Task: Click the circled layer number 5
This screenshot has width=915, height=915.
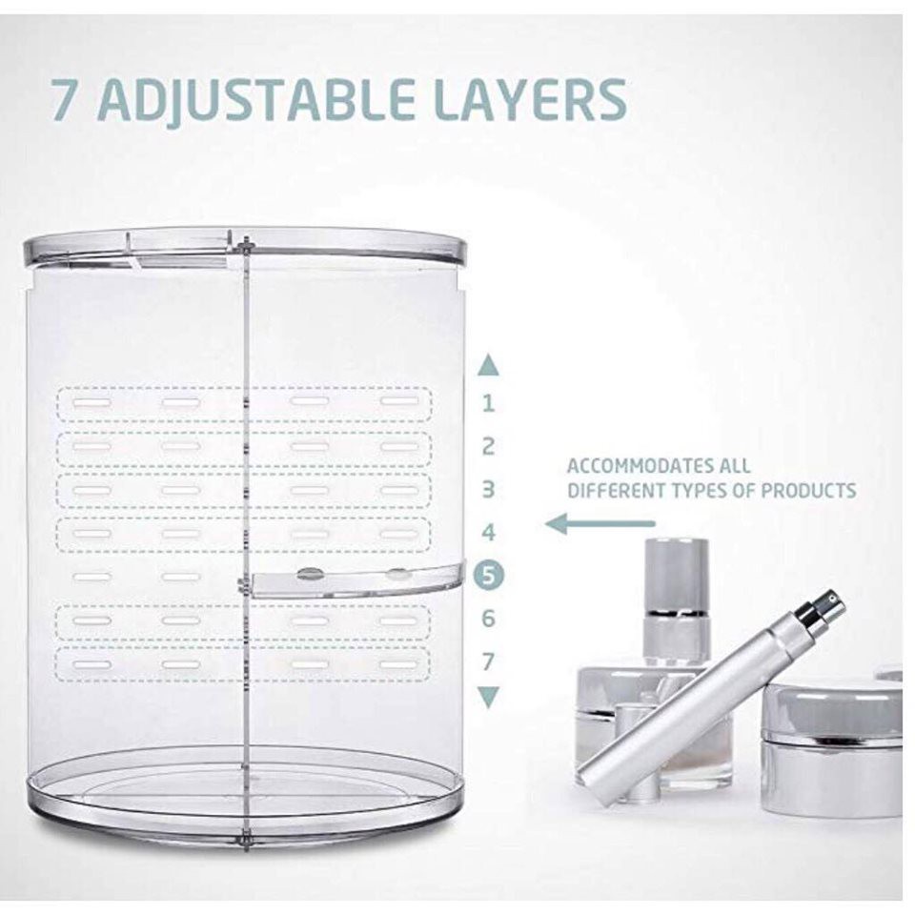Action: (489, 576)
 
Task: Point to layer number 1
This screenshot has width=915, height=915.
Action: (489, 403)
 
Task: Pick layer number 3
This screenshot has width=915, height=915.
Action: (489, 489)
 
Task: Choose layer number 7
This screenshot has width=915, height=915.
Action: (489, 661)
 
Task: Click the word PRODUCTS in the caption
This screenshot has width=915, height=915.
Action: (807, 491)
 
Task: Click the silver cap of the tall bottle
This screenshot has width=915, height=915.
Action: (678, 575)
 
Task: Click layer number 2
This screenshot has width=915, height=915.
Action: (489, 446)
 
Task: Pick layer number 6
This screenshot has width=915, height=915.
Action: (489, 619)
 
